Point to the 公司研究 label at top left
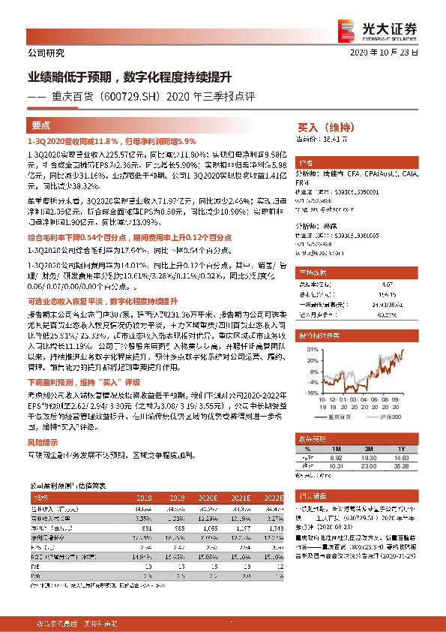point(45,53)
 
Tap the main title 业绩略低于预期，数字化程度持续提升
point(130,77)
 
